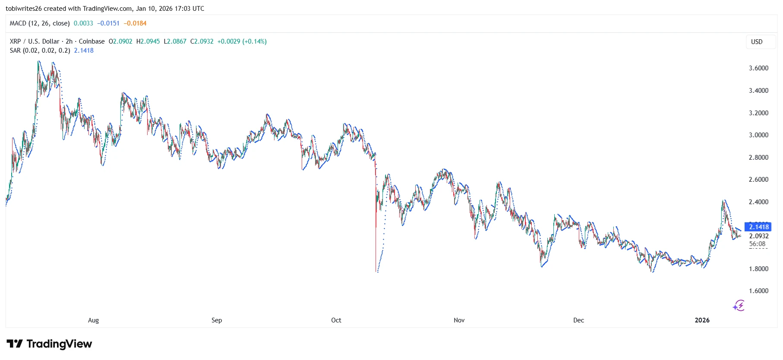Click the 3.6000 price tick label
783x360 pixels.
tap(758, 68)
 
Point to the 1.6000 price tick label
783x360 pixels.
tap(758, 291)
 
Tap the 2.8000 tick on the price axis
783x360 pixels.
tap(758, 158)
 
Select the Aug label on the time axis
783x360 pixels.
tap(93, 320)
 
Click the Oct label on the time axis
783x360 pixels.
tap(336, 320)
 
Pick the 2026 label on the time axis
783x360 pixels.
tap(702, 320)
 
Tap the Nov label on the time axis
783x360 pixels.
tap(459, 320)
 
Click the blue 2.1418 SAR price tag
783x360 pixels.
tap(758, 227)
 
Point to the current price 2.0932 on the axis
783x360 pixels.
tap(758, 236)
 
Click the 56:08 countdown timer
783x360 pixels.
tap(757, 244)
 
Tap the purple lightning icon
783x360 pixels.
tap(739, 306)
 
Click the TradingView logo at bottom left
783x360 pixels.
tap(49, 344)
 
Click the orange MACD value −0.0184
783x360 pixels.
tap(135, 23)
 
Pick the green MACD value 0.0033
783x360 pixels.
tap(83, 23)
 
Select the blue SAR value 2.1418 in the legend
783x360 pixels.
tap(84, 51)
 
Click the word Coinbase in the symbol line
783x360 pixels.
tap(92, 41)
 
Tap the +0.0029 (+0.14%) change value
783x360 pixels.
tap(242, 41)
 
